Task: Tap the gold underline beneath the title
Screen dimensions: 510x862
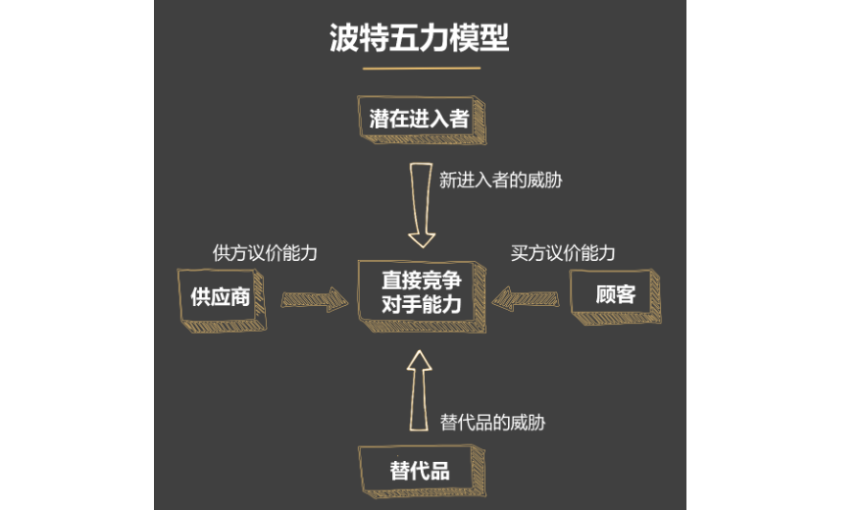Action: [x=421, y=69]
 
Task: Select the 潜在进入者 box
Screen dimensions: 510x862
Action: [x=419, y=120]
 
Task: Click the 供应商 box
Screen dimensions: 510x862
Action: [x=221, y=297]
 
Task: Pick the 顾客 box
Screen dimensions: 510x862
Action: [x=615, y=294]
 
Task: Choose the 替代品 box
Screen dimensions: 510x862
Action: [x=419, y=470]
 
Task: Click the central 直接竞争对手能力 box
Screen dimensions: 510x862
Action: [x=421, y=292]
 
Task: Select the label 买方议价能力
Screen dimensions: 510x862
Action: [x=563, y=252]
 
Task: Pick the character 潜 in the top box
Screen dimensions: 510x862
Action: [x=380, y=120]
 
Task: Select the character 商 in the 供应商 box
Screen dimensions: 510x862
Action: [x=240, y=297]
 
